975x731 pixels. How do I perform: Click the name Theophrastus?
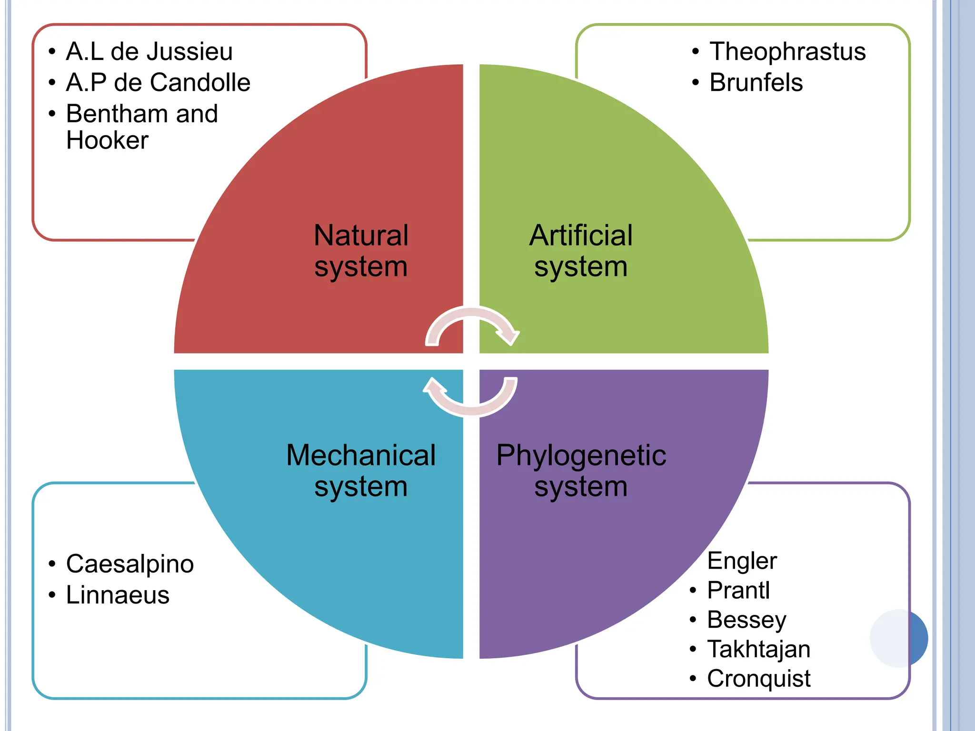787,51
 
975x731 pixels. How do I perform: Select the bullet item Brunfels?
756,82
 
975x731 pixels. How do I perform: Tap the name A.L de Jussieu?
149,51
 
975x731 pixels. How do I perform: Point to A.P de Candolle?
158,82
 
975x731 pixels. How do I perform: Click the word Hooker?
107,140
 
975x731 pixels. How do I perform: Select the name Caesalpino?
130,564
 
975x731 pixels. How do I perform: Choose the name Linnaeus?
118,595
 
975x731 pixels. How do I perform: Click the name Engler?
742,561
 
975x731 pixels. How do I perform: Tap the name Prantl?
738,590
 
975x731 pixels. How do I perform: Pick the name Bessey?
746,620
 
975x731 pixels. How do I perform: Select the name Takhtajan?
758,649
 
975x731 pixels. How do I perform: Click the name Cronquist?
758,679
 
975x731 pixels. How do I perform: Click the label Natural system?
361,251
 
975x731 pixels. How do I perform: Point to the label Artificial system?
581,251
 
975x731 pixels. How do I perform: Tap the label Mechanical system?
361,471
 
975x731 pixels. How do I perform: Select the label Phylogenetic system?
581,471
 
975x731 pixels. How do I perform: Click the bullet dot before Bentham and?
52,114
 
